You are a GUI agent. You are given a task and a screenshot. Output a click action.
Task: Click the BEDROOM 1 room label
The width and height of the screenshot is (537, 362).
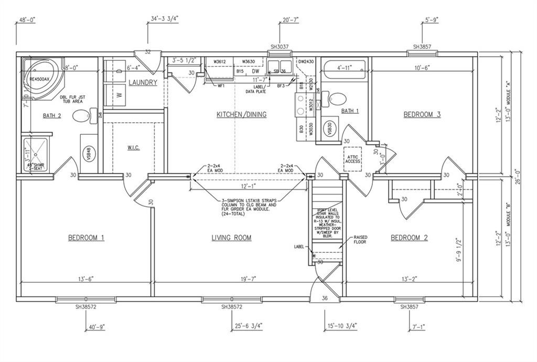coord(86,238)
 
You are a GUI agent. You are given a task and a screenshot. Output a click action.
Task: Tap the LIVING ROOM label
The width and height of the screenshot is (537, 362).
coord(231,238)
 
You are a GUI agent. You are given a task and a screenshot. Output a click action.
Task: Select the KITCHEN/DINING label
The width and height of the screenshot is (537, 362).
coord(241,114)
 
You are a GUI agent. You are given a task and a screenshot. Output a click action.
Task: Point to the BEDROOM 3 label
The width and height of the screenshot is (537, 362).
coord(422,114)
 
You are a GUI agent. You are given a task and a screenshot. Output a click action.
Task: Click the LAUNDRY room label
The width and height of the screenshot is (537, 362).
coord(143,82)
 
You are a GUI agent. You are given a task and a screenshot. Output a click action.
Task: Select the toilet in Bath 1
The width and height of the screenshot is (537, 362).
coord(338,98)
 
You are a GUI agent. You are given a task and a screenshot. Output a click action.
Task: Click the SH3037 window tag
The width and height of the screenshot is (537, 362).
coord(280,47)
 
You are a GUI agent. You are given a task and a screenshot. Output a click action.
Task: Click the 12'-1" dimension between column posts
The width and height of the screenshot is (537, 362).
coord(248,187)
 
